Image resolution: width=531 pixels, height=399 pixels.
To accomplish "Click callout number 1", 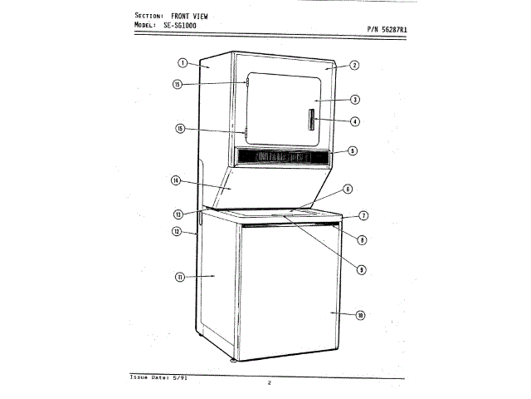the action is coord(183,63).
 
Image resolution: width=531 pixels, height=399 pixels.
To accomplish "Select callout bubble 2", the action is coord(354,65).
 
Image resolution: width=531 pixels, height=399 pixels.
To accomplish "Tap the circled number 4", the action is coord(354,121).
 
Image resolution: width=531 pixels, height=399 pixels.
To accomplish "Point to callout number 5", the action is coord(353,151).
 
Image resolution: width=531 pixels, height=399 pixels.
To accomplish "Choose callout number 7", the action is coord(363,215).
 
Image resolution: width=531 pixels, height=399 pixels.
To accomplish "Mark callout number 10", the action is coord(360,315).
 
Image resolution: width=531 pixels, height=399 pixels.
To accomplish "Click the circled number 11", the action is coord(180,278).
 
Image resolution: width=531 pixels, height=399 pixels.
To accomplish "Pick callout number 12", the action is coord(176,231).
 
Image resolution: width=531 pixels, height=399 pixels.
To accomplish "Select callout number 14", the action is coord(176,180).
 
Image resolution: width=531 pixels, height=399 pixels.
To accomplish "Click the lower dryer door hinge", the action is coord(246,131).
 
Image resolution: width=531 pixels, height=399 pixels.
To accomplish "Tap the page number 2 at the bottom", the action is coord(269,382).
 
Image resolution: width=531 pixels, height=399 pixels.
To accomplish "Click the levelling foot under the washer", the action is coord(232,362).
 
